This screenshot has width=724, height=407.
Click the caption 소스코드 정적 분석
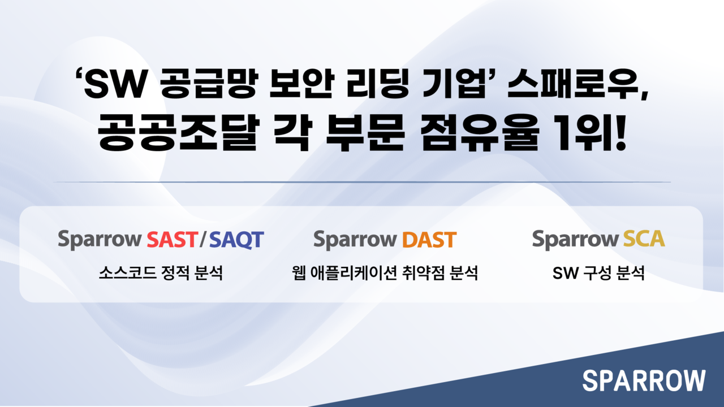(x=161, y=274)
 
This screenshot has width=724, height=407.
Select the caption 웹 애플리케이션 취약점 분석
(x=383, y=274)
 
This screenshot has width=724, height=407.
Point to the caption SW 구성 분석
(x=598, y=274)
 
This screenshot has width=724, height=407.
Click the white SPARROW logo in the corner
(x=644, y=380)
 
